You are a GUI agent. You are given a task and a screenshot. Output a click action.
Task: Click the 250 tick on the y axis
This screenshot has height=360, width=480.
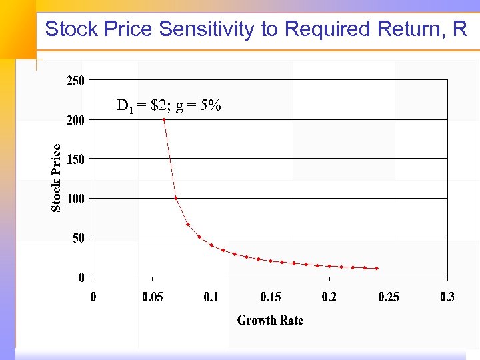click(x=75, y=81)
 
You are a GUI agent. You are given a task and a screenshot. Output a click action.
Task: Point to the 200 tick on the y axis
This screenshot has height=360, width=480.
click(x=75, y=120)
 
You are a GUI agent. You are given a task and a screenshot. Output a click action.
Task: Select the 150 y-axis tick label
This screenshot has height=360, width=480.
click(x=75, y=159)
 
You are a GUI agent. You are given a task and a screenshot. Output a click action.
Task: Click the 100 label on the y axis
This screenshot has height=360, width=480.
click(x=75, y=198)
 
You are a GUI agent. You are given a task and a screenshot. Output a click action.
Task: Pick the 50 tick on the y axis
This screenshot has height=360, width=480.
click(x=77, y=237)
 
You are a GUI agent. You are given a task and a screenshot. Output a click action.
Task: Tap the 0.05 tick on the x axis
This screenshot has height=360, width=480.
click(x=152, y=297)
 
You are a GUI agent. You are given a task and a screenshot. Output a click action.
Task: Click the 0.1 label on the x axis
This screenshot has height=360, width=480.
click(x=211, y=297)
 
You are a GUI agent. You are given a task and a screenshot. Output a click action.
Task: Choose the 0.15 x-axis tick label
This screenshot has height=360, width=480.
click(x=270, y=297)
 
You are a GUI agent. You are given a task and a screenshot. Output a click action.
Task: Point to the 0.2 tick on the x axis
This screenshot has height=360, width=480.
click(x=329, y=297)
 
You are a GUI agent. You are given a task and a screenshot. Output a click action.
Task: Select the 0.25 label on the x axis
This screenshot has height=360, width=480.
click(x=388, y=297)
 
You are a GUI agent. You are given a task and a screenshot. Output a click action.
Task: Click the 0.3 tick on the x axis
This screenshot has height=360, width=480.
click(x=447, y=297)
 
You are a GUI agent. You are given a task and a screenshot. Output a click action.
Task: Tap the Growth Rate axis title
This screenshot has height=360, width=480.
click(x=270, y=321)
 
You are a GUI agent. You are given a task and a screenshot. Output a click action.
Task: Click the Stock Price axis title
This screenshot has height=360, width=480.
click(x=57, y=178)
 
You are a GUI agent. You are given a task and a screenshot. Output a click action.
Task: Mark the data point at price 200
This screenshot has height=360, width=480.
click(x=164, y=119)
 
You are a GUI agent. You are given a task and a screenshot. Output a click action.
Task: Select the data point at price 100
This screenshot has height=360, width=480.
click(x=175, y=198)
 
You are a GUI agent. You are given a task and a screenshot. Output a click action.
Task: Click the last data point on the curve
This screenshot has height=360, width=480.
click(x=377, y=269)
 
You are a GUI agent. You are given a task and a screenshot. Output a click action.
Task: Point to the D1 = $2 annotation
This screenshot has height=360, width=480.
click(x=141, y=105)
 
